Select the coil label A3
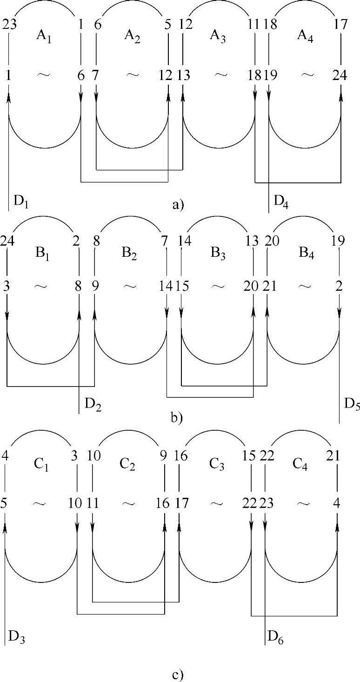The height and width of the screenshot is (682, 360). [218, 36]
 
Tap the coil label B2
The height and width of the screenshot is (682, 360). [131, 254]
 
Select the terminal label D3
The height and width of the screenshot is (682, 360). [16, 636]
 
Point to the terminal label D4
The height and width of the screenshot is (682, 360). [281, 202]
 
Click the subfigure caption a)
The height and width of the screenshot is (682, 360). [178, 204]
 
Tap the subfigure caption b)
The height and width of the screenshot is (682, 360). [177, 418]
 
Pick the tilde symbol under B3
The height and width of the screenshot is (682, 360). [218, 286]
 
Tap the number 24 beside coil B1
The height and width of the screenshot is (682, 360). [7, 241]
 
